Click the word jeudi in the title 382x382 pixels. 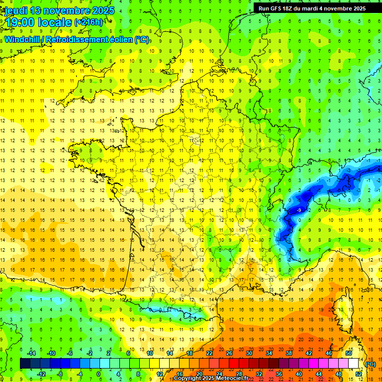tap(15, 10)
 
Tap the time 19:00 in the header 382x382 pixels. tap(20, 22)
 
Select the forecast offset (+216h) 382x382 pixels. tap(89, 22)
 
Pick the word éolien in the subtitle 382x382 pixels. tap(120, 39)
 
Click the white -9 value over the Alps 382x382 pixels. tap(298, 211)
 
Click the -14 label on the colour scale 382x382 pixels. tap(31, 353)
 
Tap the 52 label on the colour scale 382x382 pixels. tap(359, 374)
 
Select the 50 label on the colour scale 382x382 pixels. tap(349, 353)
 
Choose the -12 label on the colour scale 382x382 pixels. tap(41, 374)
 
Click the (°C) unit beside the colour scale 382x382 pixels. tap(371, 364)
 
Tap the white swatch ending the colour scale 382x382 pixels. tap(354, 364)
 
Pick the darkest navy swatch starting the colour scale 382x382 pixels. tap(25, 364)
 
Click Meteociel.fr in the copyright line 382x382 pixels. tap(232, 379)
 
